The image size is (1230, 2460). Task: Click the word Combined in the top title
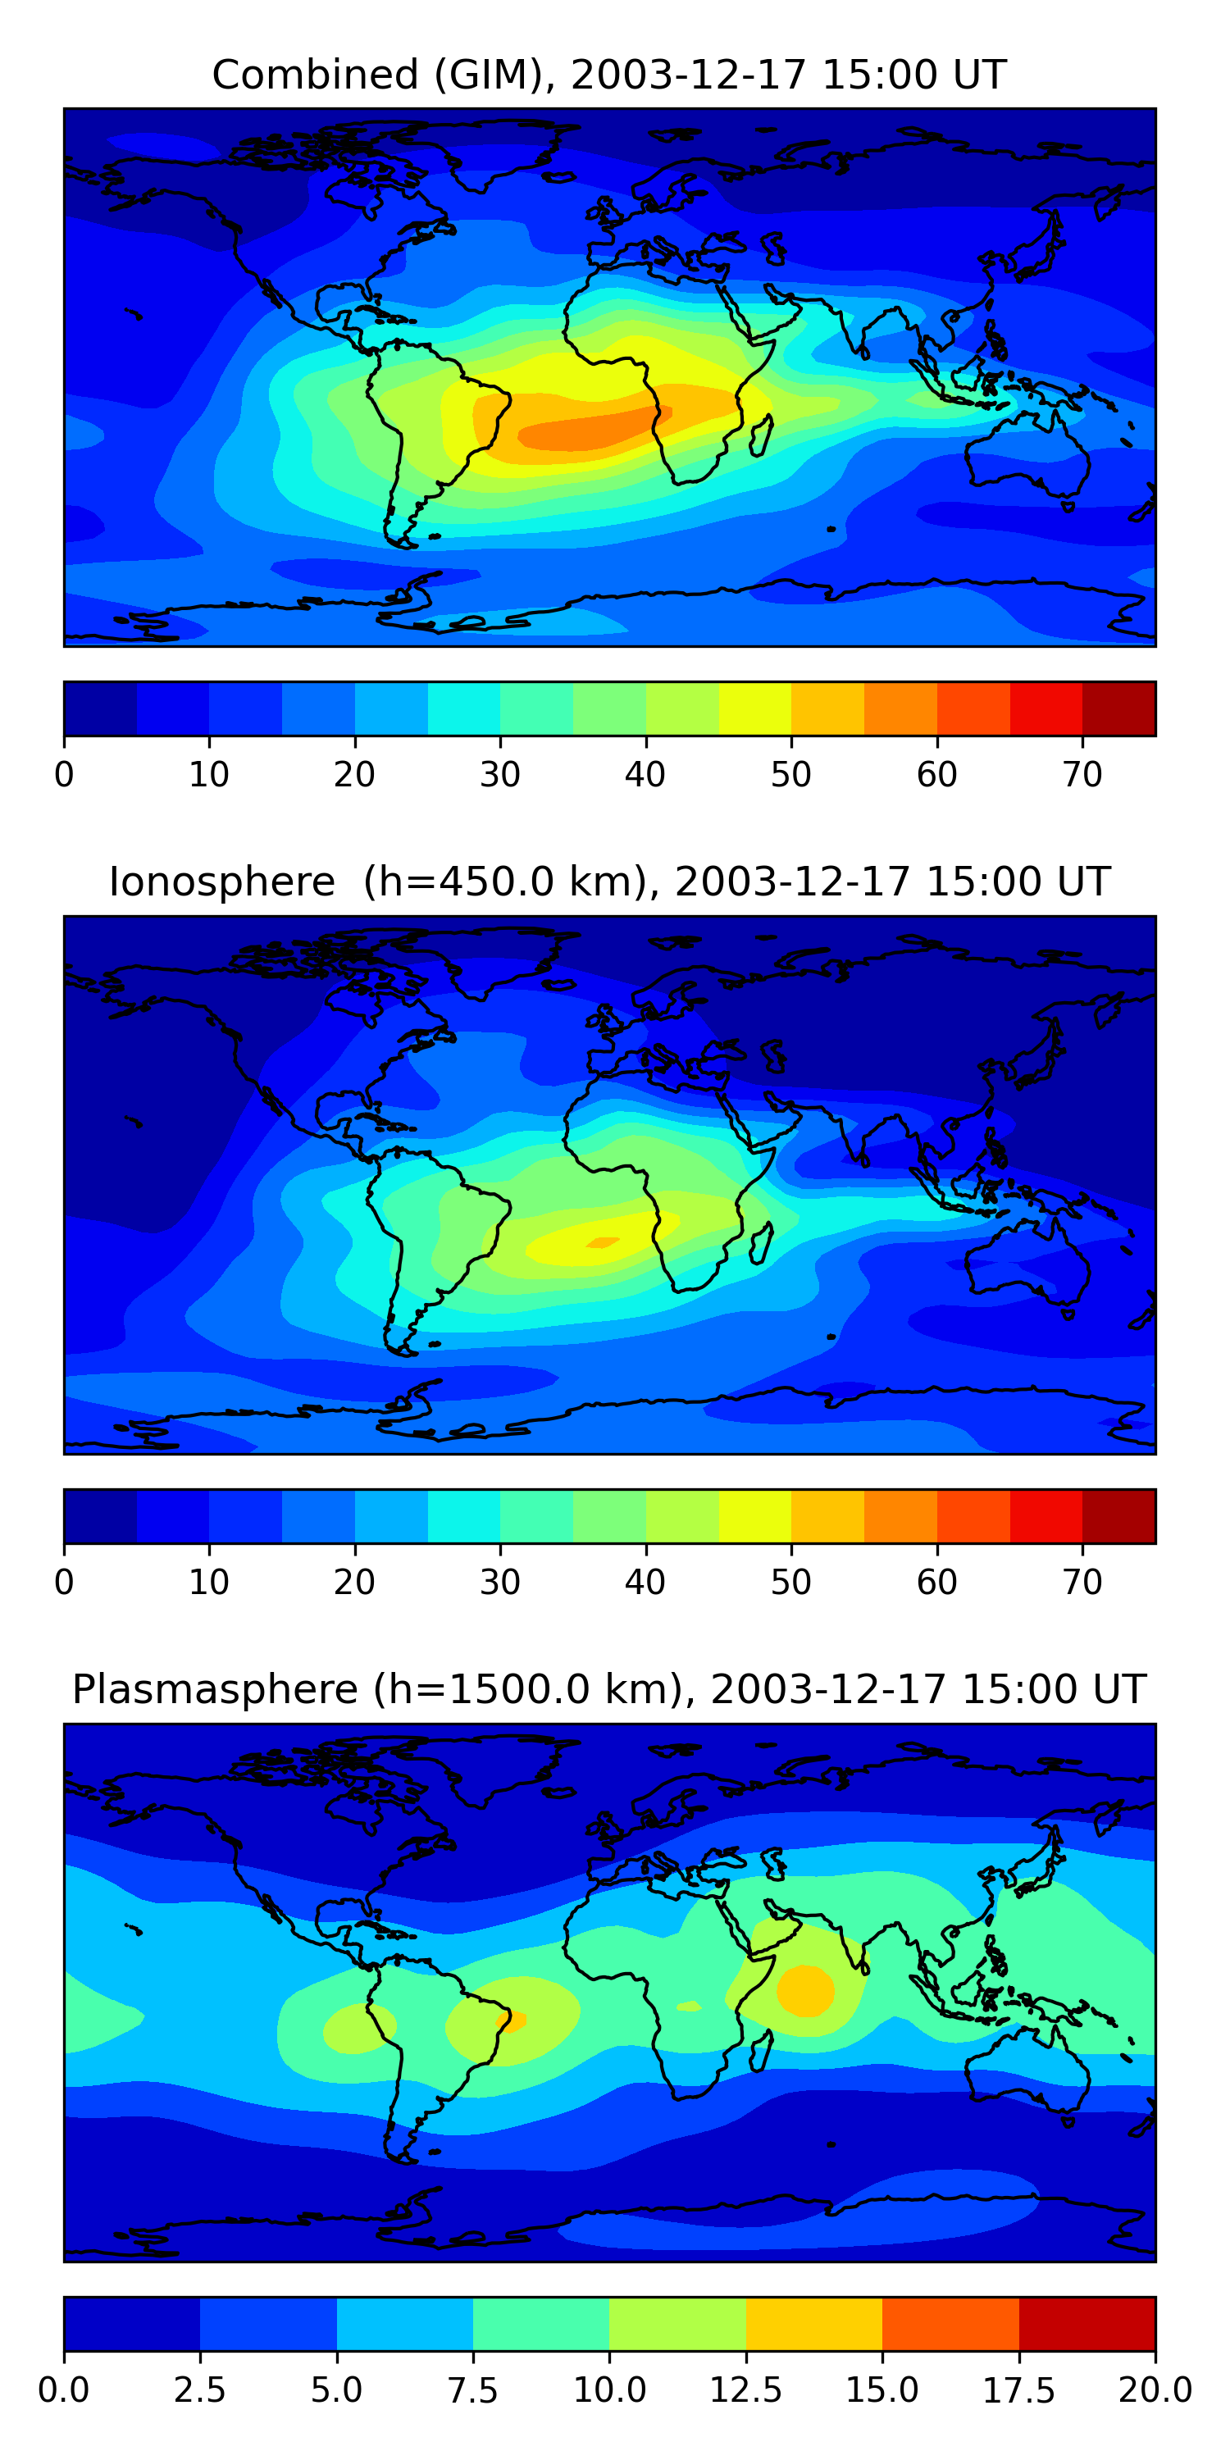coord(315,75)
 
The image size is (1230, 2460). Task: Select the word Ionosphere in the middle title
coord(221,881)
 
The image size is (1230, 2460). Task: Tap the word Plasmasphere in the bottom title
coord(215,1689)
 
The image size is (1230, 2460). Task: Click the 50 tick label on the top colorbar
coord(790,774)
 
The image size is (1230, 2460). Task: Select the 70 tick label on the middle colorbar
coord(1082,1583)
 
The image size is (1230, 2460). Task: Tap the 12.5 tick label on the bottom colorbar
coord(746,2390)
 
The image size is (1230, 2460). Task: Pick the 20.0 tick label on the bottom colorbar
coord(1155,2390)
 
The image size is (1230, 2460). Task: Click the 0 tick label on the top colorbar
coord(64,774)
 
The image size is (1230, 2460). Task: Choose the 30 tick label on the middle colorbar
coord(499,1583)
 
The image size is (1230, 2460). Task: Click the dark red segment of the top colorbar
coord(1118,708)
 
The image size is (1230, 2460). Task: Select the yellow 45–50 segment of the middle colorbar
coord(754,1516)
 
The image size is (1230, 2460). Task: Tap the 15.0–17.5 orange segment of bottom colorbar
coord(950,2323)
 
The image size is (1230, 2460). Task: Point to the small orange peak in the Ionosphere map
coord(603,1242)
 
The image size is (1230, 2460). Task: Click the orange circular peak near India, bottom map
coord(805,1990)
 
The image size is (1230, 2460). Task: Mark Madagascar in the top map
coord(761,435)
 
